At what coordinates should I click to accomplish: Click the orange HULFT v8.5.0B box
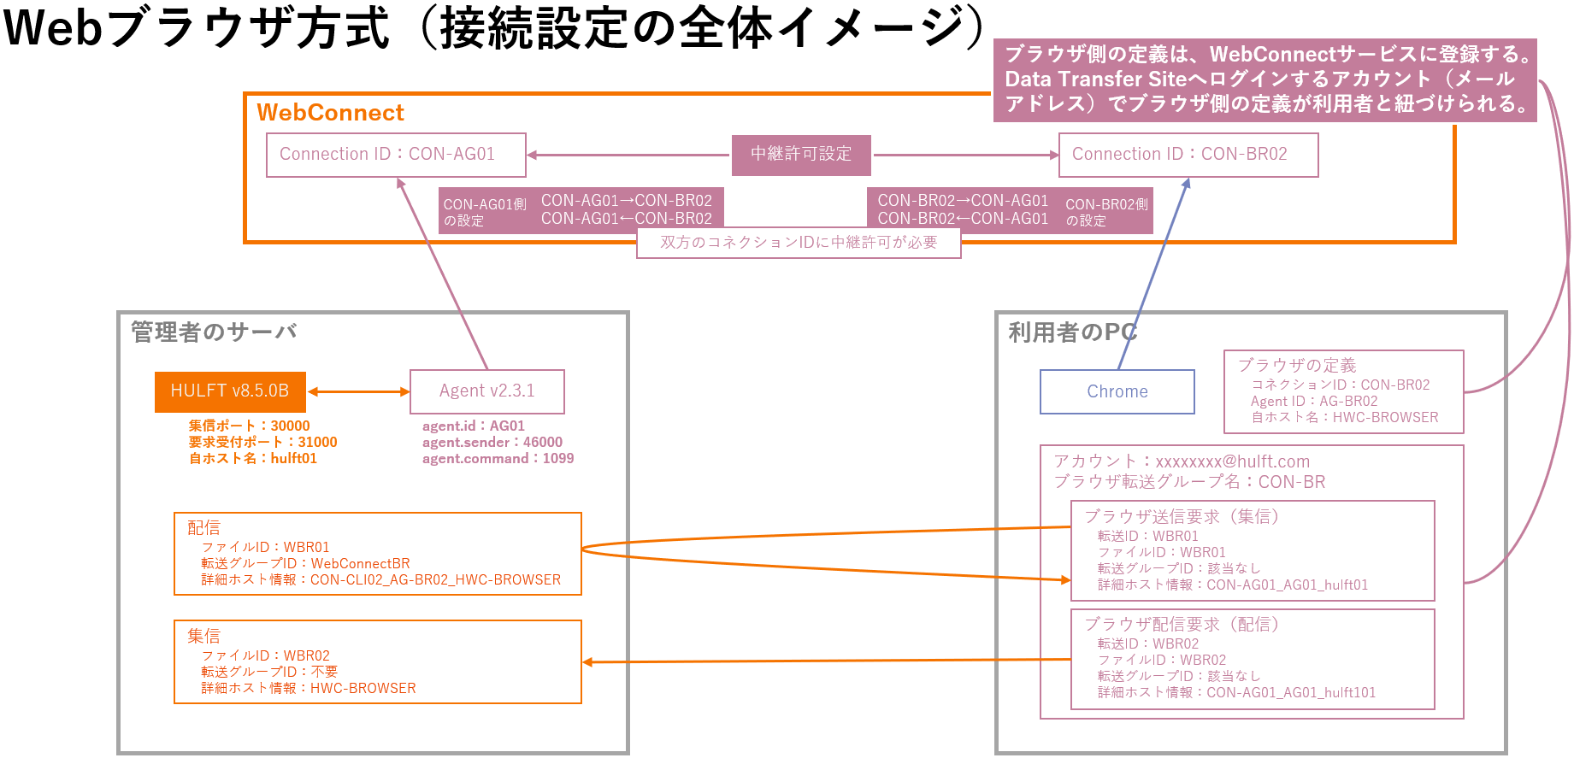pos(230,391)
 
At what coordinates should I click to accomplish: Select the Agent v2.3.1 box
pos(486,391)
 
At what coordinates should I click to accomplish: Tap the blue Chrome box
pos(1117,392)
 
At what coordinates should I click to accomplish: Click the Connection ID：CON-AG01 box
pos(395,155)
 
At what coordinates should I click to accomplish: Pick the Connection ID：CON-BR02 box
pos(1188,155)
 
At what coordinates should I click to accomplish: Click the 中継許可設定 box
pos(801,155)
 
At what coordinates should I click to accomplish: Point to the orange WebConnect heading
pos(330,113)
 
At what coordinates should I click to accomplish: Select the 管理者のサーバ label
pos(214,332)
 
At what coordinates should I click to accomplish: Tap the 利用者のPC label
pos(1072,332)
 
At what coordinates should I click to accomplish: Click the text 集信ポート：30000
pos(249,426)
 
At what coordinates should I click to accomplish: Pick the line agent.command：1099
pos(498,459)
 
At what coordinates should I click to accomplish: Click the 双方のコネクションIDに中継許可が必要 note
pos(799,243)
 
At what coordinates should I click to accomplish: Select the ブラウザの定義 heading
pos(1297,366)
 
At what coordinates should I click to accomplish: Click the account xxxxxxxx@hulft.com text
pos(1232,461)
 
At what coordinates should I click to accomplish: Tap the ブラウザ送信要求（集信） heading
pos(1181,516)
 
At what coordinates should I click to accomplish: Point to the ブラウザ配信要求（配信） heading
pos(1181,624)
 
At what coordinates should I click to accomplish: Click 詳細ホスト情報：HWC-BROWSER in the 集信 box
pos(309,689)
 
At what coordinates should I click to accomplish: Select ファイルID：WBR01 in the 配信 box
pos(265,548)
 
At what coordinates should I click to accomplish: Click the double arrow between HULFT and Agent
pos(358,391)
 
